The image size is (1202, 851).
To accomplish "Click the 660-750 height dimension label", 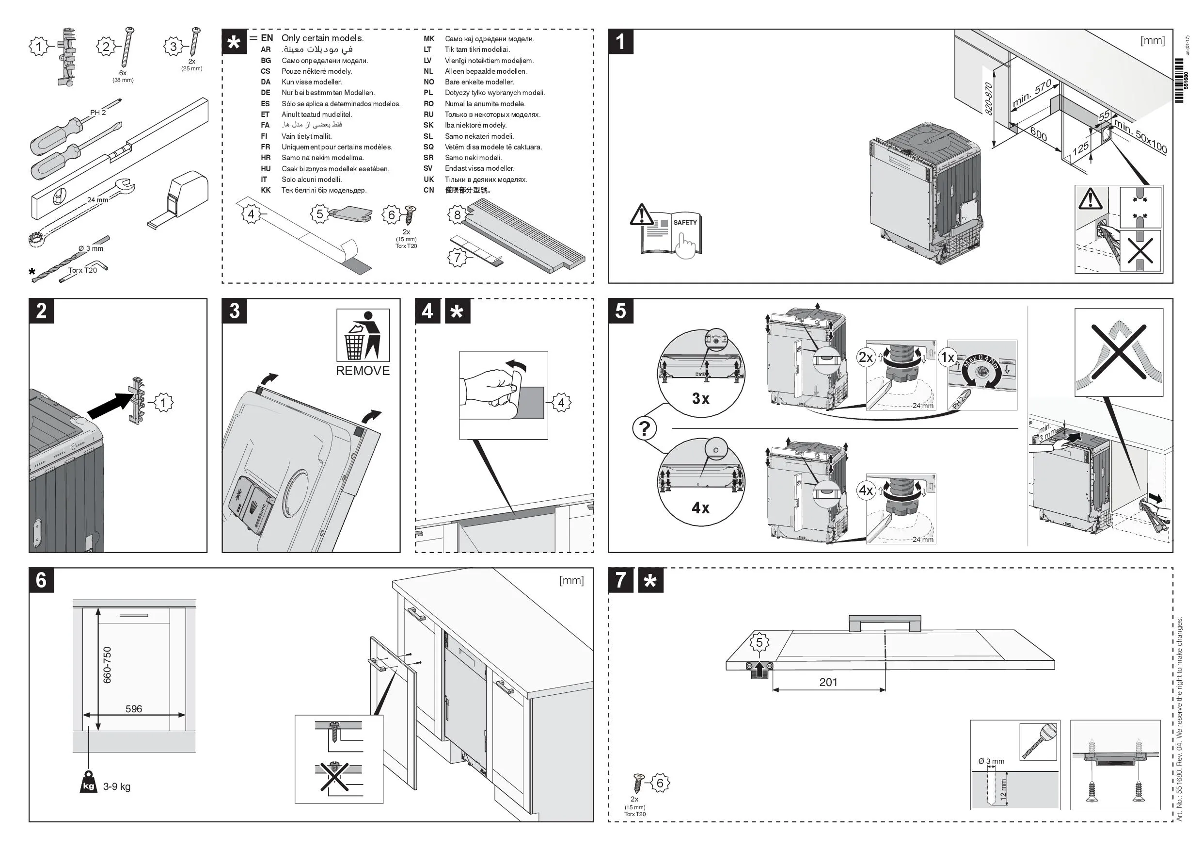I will tap(107, 665).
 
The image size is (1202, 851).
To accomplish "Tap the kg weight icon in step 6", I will tap(89, 786).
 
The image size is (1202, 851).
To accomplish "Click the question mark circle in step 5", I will tap(645, 428).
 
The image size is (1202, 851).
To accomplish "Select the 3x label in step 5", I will tap(700, 399).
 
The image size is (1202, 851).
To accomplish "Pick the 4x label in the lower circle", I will tap(700, 508).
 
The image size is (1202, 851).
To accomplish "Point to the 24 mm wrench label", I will tap(97, 199).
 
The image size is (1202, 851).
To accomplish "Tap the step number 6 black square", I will tap(41, 580).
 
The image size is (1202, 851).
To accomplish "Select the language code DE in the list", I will tap(266, 93).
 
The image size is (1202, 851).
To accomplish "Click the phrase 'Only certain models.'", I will tap(322, 38).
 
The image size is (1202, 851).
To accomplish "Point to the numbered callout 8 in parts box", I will tap(457, 214).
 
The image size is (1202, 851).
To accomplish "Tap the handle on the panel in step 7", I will tap(884, 623).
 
